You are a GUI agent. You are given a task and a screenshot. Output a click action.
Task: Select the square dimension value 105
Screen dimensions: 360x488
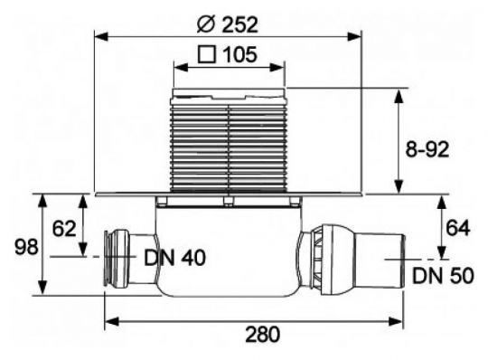[x=238, y=53]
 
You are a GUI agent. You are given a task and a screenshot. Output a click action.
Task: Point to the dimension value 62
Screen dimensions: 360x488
[x=62, y=230]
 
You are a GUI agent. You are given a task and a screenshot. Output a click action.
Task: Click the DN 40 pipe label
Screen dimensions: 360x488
[x=174, y=258]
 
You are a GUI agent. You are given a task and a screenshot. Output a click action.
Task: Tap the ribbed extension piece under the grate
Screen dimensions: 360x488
[x=229, y=145]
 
